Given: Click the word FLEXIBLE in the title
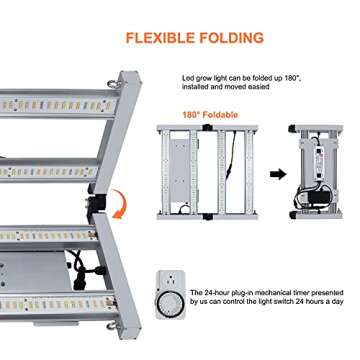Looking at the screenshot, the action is pyautogui.click(x=159, y=37).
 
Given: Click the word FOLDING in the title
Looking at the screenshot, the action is pyautogui.click(x=231, y=37).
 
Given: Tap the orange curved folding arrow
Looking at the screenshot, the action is pyautogui.click(x=120, y=204).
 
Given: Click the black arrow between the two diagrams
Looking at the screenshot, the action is pyautogui.click(x=278, y=174).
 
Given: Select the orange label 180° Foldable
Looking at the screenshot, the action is pyautogui.click(x=210, y=115).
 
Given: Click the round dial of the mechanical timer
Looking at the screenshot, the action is pyautogui.click(x=170, y=304).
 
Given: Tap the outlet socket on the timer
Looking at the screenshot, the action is pyautogui.click(x=170, y=279).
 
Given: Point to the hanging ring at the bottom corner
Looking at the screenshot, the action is pyautogui.click(x=112, y=326).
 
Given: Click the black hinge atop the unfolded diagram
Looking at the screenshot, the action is pyautogui.click(x=208, y=127).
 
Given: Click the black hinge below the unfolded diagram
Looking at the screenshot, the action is pyautogui.click(x=208, y=217).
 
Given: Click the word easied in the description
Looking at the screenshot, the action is pyautogui.click(x=259, y=87).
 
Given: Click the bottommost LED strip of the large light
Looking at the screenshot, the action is pyautogui.click(x=58, y=304).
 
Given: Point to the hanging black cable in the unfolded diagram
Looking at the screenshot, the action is pyautogui.click(x=231, y=155).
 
